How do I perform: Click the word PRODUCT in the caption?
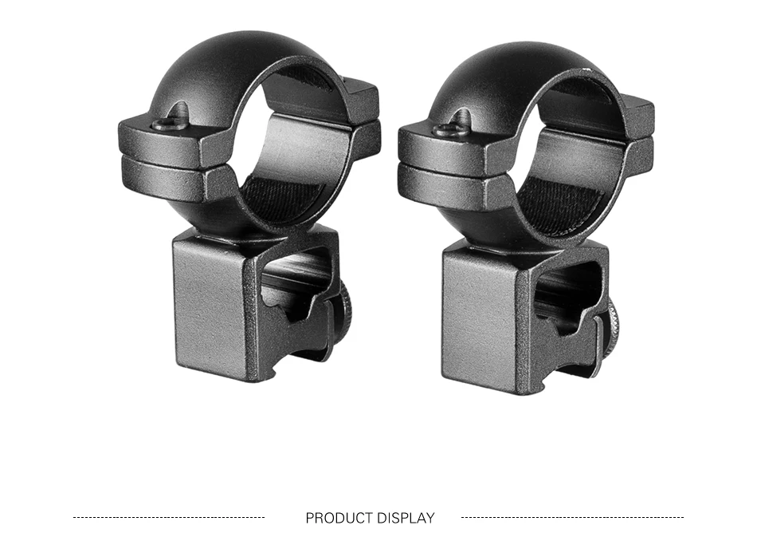click(x=339, y=518)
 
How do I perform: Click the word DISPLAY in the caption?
click(x=406, y=518)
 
